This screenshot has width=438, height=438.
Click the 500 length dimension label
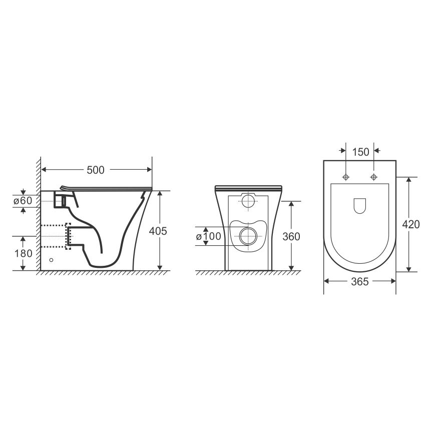point(96,170)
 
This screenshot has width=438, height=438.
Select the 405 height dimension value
point(158,231)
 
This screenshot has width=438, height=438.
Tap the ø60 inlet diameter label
point(23,201)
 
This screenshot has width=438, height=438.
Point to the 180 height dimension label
point(24,253)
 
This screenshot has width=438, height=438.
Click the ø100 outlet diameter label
point(208,236)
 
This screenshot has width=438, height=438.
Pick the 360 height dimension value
point(291,237)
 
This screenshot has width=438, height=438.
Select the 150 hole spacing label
point(360,152)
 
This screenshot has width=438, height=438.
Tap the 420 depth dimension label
point(410,224)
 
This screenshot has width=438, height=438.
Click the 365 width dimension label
point(360,282)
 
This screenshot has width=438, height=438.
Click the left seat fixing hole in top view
point(346,177)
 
